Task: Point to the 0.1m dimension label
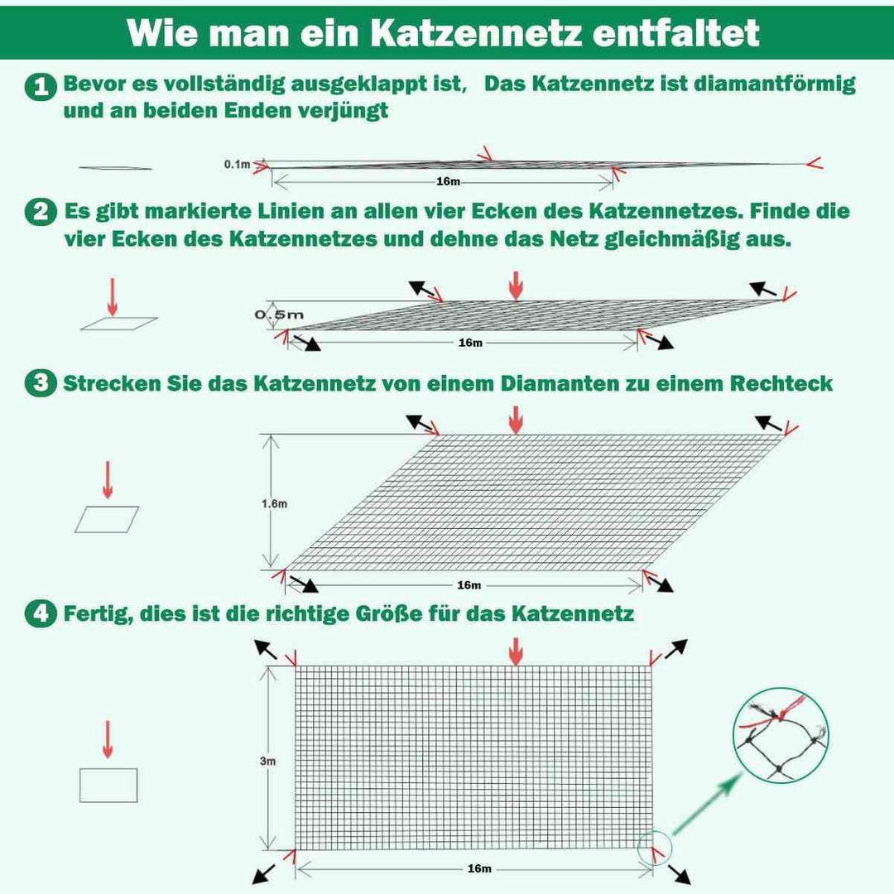[237, 165]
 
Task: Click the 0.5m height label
[279, 315]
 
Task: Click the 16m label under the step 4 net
[479, 868]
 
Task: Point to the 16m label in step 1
[448, 181]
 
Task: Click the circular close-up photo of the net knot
[782, 736]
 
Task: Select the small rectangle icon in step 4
[108, 785]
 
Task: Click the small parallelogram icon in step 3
[107, 519]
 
